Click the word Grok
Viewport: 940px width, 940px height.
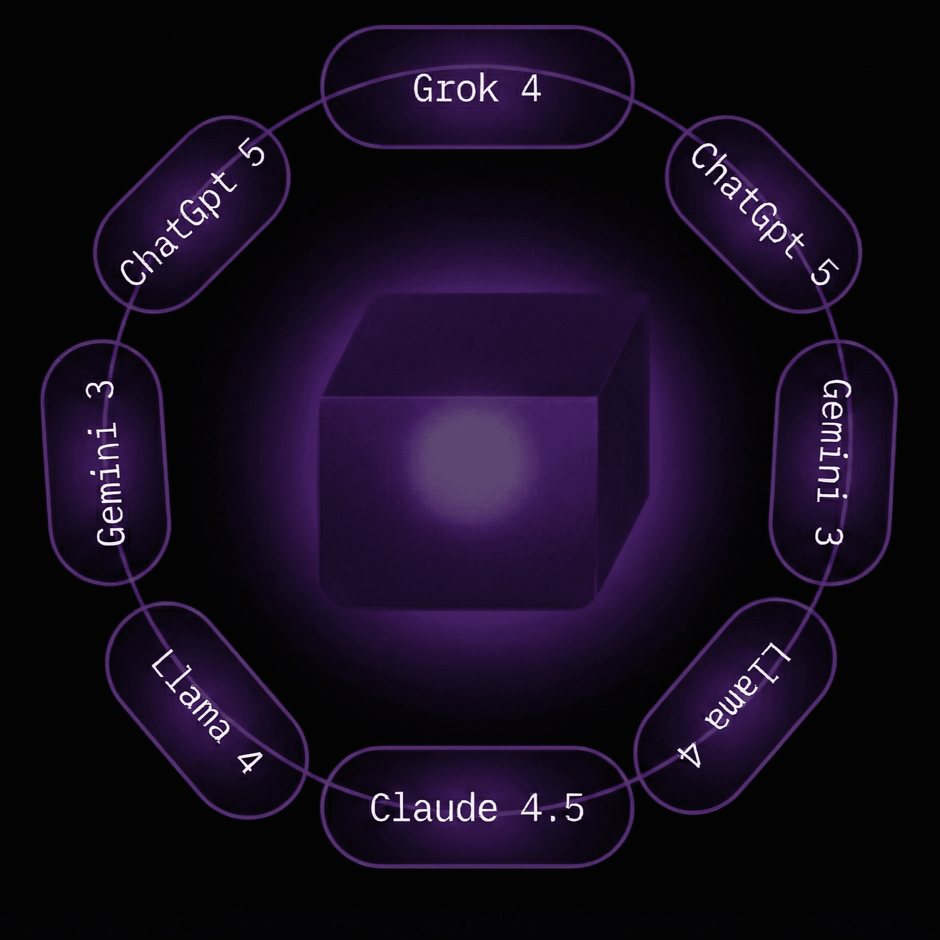(x=455, y=90)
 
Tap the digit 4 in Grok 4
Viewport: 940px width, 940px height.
(x=531, y=89)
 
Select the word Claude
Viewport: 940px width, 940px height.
(x=433, y=808)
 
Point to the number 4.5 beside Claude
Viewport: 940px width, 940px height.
(x=552, y=808)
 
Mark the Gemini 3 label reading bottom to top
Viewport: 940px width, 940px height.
(x=107, y=462)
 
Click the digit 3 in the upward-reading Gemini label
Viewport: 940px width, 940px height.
(x=105, y=391)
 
